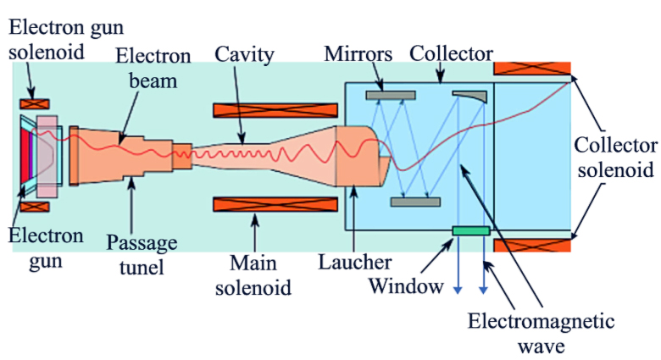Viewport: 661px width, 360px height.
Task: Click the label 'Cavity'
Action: (245, 56)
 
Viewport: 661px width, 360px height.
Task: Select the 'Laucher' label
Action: (355, 262)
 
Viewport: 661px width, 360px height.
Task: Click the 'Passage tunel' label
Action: (142, 255)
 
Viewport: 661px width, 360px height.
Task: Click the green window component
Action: (470, 230)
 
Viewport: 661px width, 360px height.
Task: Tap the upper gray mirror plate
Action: (390, 95)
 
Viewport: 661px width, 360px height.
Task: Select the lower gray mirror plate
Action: (416, 202)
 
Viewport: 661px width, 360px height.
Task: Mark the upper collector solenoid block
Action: (531, 69)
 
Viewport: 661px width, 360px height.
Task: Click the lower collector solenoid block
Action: (531, 246)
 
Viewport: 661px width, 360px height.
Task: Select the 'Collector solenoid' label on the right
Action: (614, 156)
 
